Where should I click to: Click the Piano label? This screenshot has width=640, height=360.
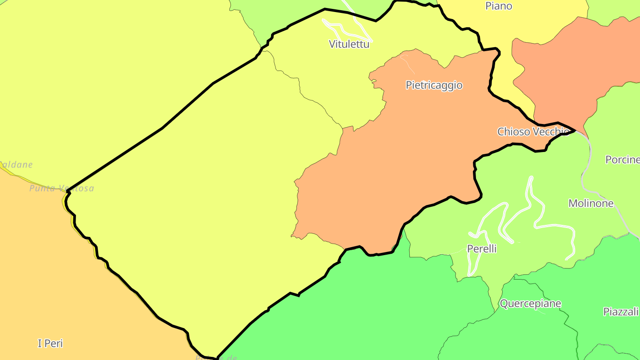pos(499,6)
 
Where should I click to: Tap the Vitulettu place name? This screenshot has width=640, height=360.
pos(349,44)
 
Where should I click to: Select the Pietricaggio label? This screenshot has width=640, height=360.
pos(434,85)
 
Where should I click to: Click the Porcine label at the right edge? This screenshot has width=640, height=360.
pos(622,160)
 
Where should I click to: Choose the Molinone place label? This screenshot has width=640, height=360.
pos(591,204)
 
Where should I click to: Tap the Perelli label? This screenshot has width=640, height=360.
pos(482,249)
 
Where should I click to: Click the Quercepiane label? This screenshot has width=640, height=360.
pos(530,304)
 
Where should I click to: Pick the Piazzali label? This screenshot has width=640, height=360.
pos(620,312)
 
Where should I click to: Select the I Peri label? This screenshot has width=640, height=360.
pos(50,344)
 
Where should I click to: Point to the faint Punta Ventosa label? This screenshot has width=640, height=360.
pos(62,188)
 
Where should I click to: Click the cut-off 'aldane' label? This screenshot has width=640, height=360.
pos(17,165)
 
